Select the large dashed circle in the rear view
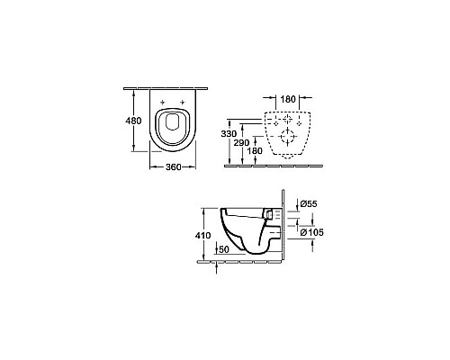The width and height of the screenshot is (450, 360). (289, 138)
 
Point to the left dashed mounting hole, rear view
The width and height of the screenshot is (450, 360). (275, 120)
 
